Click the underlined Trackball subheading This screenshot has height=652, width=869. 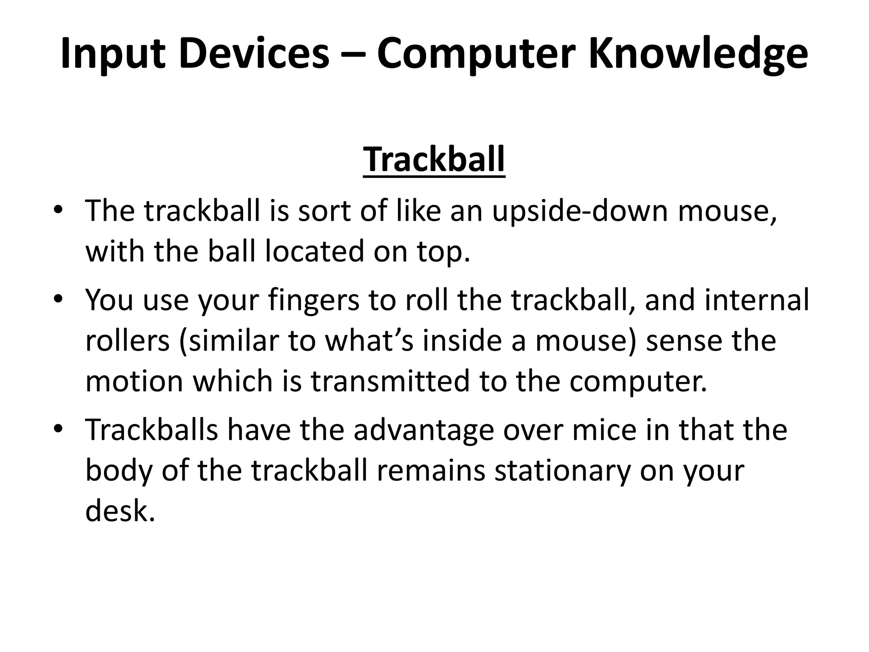coord(434,160)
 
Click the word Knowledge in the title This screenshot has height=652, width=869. coord(698,54)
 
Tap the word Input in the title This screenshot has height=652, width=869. coord(112,54)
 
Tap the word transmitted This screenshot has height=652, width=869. coord(390,381)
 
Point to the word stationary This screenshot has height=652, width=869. coord(563,471)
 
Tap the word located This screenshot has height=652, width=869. coord(314,251)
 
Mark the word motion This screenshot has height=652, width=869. coord(134,381)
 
